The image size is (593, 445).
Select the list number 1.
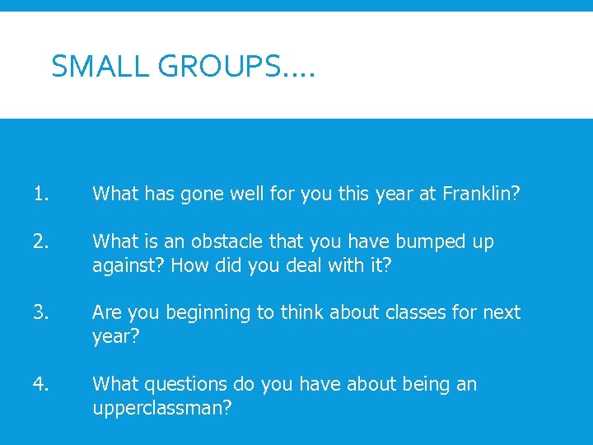[42, 194]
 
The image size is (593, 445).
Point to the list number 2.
[42, 241]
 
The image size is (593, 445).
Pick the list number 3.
[42, 312]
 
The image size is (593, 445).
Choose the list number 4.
[42, 384]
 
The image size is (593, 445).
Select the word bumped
[436, 242]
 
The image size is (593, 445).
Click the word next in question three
[502, 313]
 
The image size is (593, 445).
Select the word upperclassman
[161, 408]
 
